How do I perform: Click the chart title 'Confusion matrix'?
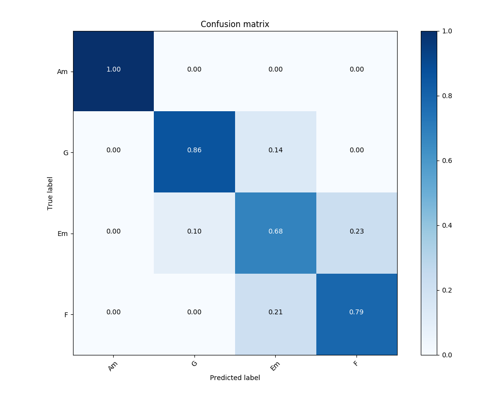coord(235,24)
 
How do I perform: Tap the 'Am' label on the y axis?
coord(62,72)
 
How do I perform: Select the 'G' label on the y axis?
coord(65,153)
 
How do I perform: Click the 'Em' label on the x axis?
coord(275,367)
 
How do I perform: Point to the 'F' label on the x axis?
coord(356,364)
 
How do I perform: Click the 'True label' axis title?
coord(50,193)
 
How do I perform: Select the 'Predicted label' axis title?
coord(235,378)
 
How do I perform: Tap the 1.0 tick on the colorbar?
coord(447,31)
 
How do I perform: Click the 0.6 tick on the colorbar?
coord(447,161)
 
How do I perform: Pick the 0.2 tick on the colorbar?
coord(447,290)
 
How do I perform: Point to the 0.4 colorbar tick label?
coord(447,225)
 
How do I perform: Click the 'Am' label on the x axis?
coord(113,367)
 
